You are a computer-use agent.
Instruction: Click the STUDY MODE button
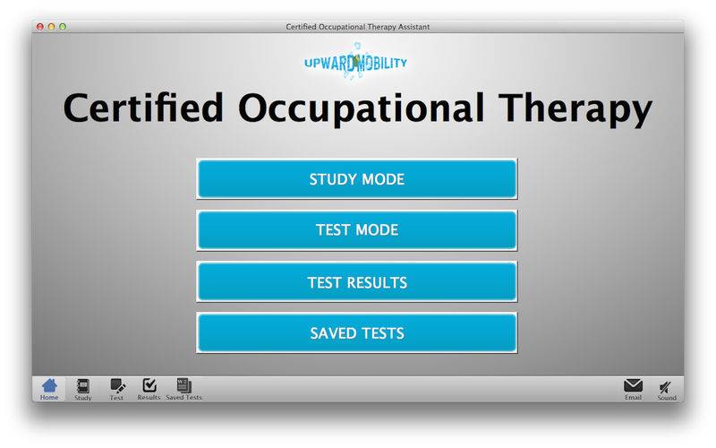click(x=356, y=178)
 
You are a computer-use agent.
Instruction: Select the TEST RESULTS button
click(x=356, y=281)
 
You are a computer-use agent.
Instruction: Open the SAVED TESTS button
click(x=356, y=332)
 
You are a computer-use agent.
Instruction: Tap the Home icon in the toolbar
click(x=49, y=386)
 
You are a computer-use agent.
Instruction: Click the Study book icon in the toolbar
click(x=83, y=386)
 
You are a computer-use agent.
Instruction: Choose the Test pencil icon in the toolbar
click(x=117, y=386)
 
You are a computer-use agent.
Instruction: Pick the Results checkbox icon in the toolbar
click(x=149, y=385)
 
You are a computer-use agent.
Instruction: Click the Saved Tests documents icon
click(x=184, y=385)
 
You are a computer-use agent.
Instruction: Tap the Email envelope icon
click(x=633, y=386)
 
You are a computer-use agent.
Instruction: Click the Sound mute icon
click(x=666, y=388)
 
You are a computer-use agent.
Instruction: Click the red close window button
click(x=40, y=27)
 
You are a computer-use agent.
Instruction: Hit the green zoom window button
click(x=63, y=27)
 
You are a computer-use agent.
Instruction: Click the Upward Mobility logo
click(x=355, y=62)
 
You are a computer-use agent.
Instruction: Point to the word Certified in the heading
click(x=143, y=108)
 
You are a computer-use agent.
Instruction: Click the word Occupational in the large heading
click(x=361, y=108)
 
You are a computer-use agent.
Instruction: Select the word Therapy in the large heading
click(x=575, y=108)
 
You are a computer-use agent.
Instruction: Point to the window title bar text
click(x=357, y=27)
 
